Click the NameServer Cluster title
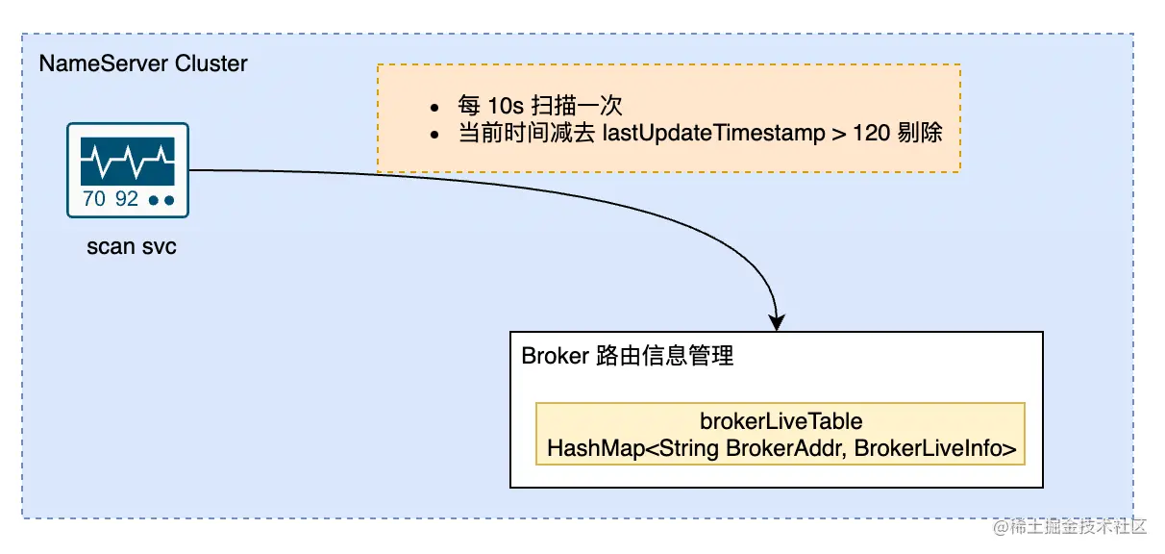pyautogui.click(x=142, y=64)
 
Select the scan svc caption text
pyautogui.click(x=131, y=247)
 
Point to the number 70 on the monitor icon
pyautogui.click(x=94, y=200)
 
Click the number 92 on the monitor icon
pyautogui.click(x=127, y=200)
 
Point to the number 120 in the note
pyautogui.click(x=871, y=134)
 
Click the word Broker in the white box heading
pyautogui.click(x=555, y=356)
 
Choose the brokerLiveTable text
pyautogui.click(x=781, y=421)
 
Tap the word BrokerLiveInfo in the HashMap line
pyautogui.click(x=935, y=448)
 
